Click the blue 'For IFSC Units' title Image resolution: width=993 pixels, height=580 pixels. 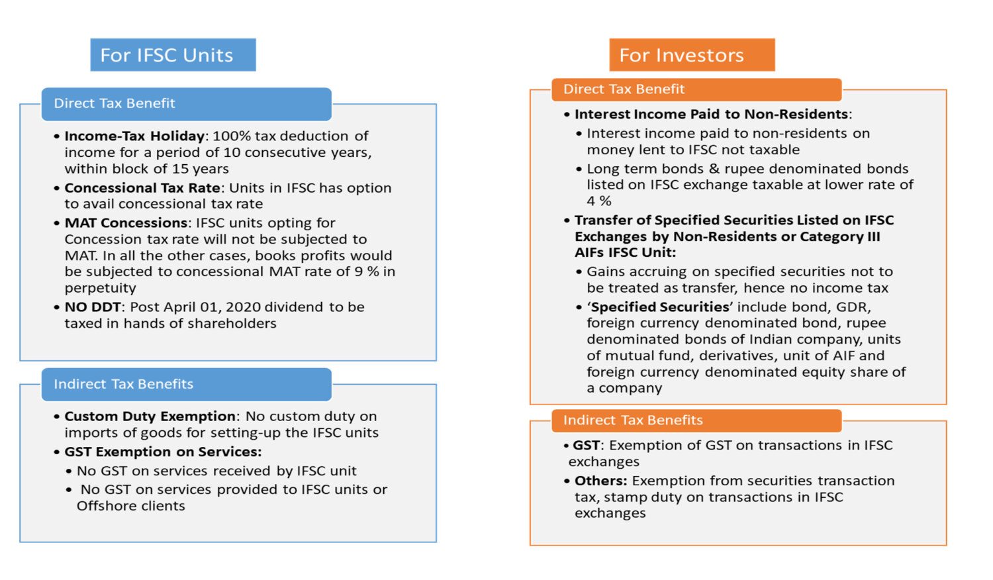(x=167, y=55)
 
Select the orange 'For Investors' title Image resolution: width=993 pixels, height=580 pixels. (x=682, y=55)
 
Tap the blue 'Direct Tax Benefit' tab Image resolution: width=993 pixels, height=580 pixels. (x=115, y=103)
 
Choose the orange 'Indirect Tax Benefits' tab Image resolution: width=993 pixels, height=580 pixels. (x=633, y=420)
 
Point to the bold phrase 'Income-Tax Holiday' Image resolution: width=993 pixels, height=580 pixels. (x=134, y=136)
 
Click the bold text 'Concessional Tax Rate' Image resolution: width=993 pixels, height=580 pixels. (x=142, y=188)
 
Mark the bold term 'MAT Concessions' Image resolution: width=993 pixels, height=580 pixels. (x=126, y=223)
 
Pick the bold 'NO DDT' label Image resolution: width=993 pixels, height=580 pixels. (x=93, y=307)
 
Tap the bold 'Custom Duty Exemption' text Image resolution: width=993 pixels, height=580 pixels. (x=150, y=416)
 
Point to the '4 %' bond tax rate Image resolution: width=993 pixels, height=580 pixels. (x=599, y=201)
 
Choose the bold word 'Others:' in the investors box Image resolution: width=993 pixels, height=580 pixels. (x=600, y=481)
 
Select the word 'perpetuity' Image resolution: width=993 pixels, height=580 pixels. (x=101, y=288)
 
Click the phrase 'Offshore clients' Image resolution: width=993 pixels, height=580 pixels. (x=131, y=506)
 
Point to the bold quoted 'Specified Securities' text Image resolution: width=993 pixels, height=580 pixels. (x=660, y=307)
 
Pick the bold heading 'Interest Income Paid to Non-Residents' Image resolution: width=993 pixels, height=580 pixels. (x=711, y=114)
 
